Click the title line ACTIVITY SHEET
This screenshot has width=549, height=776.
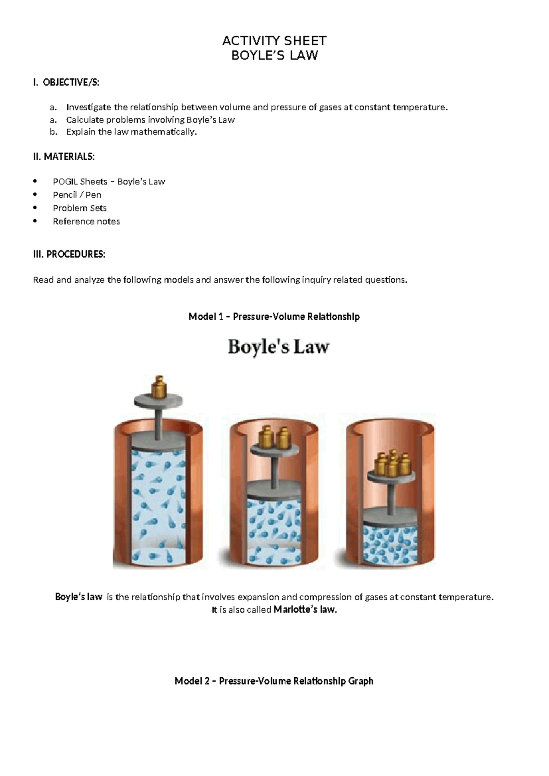tap(274, 41)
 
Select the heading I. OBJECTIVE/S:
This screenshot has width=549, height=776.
tap(66, 82)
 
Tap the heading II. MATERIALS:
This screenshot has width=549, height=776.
tap(64, 156)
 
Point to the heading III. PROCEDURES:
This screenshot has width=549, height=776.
tap(69, 254)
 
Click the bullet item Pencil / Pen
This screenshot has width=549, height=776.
tap(77, 194)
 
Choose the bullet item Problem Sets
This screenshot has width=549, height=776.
tap(80, 208)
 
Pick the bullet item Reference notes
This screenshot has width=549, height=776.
tap(86, 221)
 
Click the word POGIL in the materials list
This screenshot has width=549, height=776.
tap(65, 181)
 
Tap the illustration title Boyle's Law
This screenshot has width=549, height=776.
tap(278, 347)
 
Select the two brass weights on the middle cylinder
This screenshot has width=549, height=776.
tap(274, 438)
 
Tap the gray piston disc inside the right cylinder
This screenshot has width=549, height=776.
tap(391, 516)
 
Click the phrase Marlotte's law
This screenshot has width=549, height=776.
tap(305, 609)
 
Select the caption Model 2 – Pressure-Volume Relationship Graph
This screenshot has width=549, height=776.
tap(274, 681)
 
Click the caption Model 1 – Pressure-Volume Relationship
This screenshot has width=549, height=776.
tap(274, 316)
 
